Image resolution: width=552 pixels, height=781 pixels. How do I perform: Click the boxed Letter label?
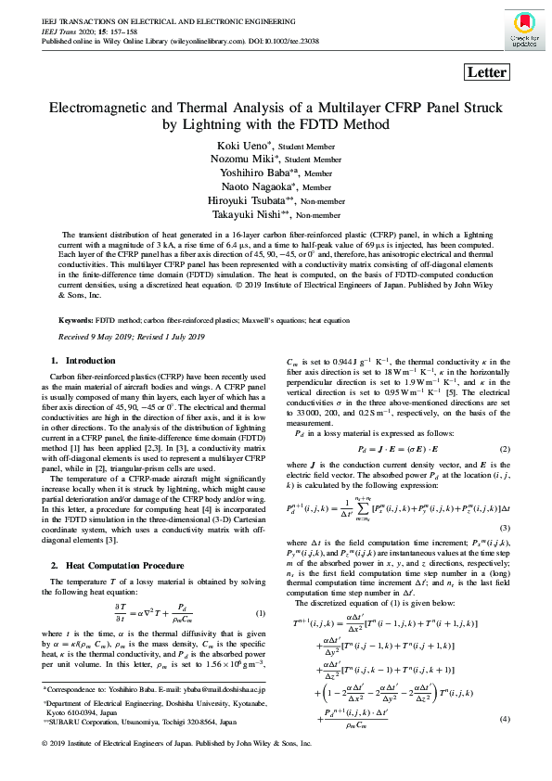pyautogui.click(x=487, y=72)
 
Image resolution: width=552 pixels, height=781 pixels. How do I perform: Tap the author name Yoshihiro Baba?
pyautogui.click(x=246, y=172)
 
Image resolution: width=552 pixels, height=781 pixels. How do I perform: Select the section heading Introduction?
pyautogui.click(x=91, y=359)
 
